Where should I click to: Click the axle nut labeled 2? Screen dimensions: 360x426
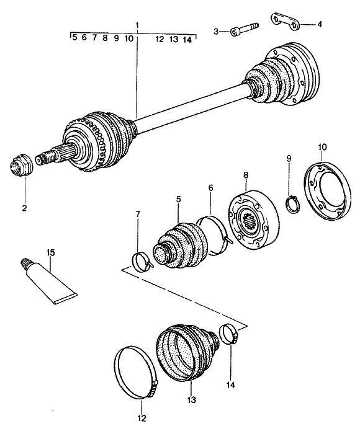tap(21, 164)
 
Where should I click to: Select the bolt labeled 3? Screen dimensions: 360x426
tap(244, 29)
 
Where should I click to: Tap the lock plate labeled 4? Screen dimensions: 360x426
tap(285, 22)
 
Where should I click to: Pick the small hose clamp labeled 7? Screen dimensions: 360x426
tap(142, 261)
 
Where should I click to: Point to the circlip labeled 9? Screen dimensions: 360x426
tap(293, 204)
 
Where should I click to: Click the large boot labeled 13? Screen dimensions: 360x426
tap(187, 352)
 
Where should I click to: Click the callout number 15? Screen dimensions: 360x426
tap(50, 252)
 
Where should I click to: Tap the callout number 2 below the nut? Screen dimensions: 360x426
tap(24, 208)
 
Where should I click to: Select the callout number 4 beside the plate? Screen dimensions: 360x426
tap(320, 24)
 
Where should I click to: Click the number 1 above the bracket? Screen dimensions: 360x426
tap(138, 25)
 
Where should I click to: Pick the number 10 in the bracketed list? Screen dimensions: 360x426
tap(129, 39)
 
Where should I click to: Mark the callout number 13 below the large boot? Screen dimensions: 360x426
tap(192, 400)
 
